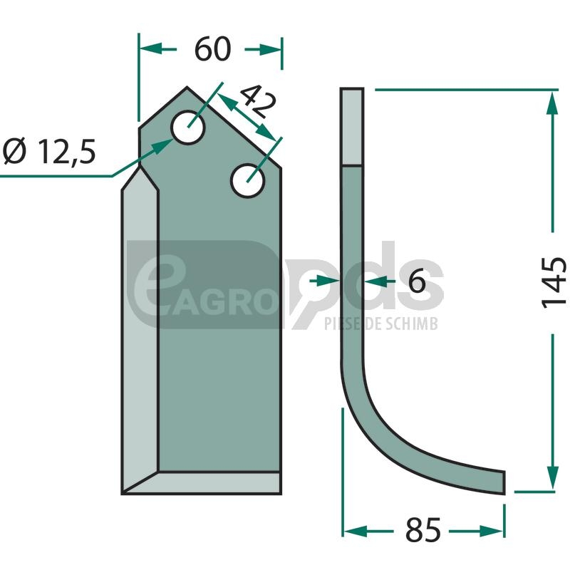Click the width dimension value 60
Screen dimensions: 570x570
pyautogui.click(x=212, y=48)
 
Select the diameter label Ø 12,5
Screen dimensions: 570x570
pyautogui.click(x=49, y=152)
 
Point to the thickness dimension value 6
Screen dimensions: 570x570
pyautogui.click(x=417, y=281)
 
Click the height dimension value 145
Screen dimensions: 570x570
pyautogui.click(x=554, y=283)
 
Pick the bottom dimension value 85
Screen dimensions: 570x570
pyautogui.click(x=423, y=530)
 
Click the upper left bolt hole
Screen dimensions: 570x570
pyautogui.click(x=188, y=128)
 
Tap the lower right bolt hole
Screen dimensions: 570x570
pyautogui.click(x=247, y=181)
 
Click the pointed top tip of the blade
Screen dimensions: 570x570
pyautogui.click(x=187, y=87)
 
